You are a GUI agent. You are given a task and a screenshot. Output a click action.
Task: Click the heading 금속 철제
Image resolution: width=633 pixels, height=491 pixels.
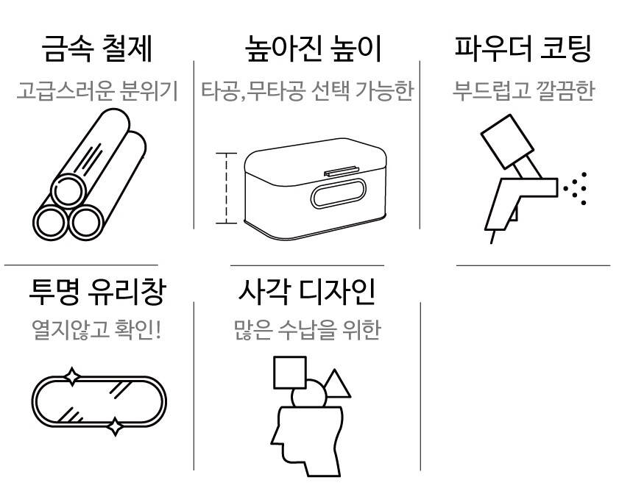pos(97,49)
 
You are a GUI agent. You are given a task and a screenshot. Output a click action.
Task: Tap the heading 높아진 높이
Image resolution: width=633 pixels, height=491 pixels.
pos(314,49)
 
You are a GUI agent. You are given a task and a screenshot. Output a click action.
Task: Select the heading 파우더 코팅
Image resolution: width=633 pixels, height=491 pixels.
pos(523,49)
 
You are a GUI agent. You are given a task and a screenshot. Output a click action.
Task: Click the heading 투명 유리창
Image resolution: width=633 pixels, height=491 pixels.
pos(97,292)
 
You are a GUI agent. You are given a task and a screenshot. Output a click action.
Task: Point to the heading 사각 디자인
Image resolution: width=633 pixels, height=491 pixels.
pos(307,292)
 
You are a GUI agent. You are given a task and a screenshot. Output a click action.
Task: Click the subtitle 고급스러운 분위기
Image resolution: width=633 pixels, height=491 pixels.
pos(97,90)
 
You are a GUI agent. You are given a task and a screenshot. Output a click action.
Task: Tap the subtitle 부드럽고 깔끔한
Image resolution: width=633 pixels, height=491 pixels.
pos(523,90)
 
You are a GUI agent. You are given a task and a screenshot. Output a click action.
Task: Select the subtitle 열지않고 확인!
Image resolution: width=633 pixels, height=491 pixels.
pos(97,330)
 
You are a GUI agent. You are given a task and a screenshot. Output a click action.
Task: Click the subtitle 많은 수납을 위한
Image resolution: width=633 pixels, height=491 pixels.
pos(307,330)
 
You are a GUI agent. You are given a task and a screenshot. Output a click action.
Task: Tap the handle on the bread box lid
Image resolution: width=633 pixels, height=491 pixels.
pos(342,171)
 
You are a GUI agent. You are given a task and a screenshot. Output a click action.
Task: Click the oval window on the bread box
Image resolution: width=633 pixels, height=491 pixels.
pos(339,193)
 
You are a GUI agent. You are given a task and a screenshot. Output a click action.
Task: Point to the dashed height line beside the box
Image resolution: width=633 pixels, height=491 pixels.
pos(226,188)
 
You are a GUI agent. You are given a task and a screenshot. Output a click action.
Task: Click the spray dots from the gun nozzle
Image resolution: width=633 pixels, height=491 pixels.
pos(575,188)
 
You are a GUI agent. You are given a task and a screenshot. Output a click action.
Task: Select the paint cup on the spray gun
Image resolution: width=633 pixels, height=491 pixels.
pos(507,142)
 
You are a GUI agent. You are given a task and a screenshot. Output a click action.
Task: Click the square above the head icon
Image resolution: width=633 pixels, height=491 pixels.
pos(290,373)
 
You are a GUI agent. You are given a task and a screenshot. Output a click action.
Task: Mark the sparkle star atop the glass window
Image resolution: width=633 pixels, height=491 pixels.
pos(72,377)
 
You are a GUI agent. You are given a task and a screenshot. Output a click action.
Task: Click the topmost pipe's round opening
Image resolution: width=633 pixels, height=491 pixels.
pos(68,191)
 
